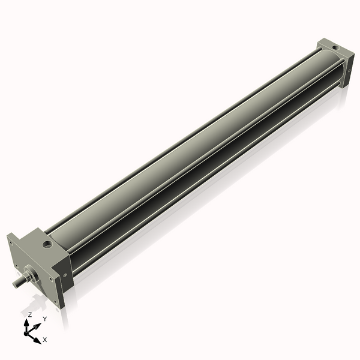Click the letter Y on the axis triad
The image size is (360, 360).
tap(44, 319)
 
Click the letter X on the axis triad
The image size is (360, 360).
tap(45, 340)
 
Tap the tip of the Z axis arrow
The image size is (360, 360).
tap(28, 322)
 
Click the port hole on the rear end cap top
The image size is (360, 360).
tap(334, 46)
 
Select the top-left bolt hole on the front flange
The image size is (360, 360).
tap(11, 241)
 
